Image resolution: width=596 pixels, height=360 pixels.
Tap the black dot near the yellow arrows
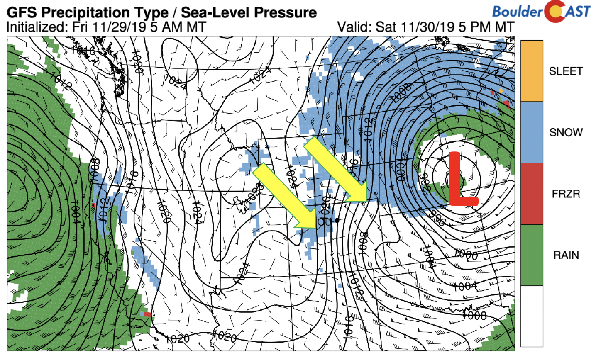tap(337, 220)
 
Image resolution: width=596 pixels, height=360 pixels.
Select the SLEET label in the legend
tap(566, 71)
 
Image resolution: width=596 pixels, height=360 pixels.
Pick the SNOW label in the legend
tap(566, 133)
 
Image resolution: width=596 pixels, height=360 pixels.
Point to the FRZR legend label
tap(566, 194)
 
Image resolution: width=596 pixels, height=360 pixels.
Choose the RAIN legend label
tap(566, 255)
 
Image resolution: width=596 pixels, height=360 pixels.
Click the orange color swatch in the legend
tap(532, 71)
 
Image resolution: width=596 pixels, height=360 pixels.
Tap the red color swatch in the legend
tap(532, 193)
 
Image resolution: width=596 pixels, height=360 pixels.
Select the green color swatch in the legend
tap(532, 255)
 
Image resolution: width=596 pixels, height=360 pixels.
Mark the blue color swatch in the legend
tap(532, 132)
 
